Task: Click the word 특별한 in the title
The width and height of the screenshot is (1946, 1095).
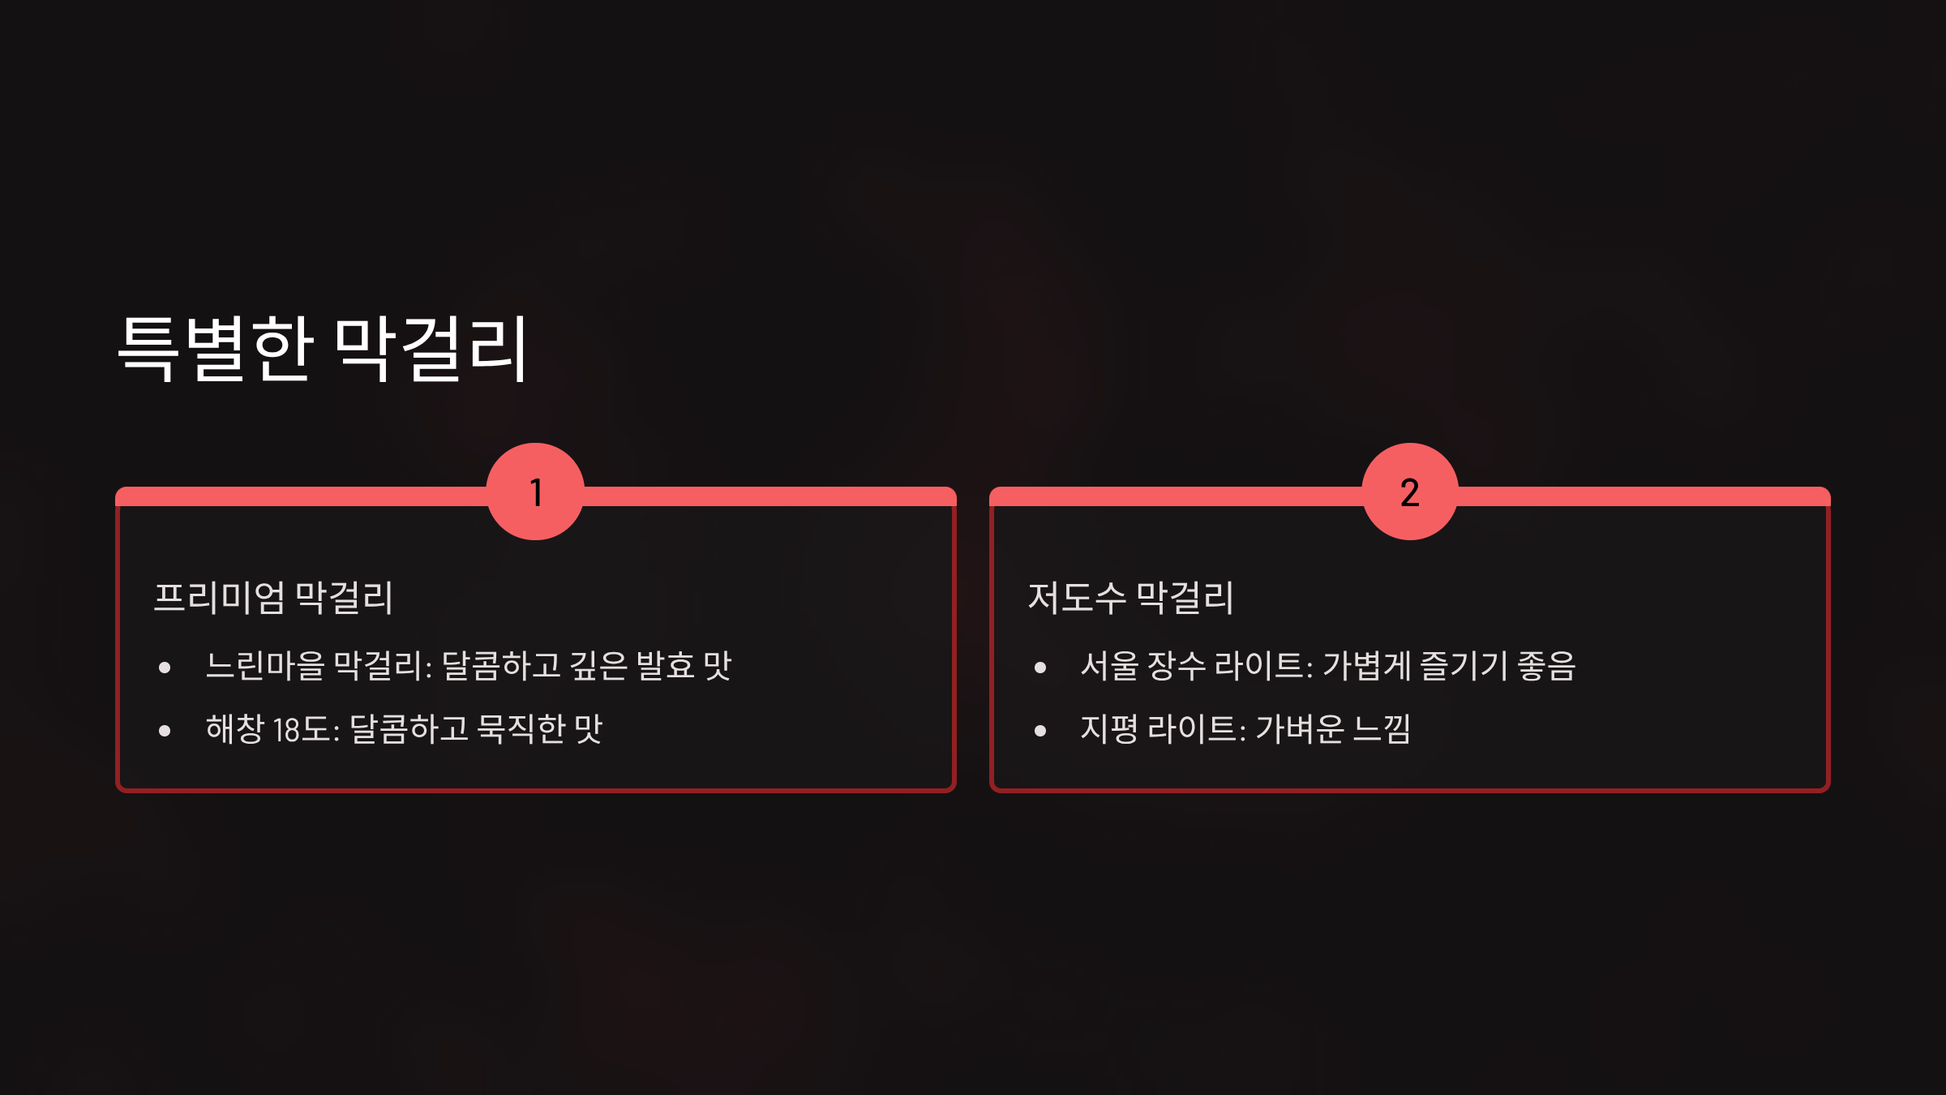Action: coord(216,348)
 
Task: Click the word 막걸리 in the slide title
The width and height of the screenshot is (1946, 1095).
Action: coord(431,348)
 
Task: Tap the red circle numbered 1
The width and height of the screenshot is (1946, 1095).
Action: coord(535,492)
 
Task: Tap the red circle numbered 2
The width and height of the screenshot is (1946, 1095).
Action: coord(1410,492)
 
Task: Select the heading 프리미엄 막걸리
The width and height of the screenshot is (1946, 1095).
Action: coord(273,598)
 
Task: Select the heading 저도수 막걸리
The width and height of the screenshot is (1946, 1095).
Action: coord(1130,598)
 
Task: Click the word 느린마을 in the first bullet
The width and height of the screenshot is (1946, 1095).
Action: coord(265,666)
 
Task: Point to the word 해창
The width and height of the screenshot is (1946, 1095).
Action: coord(234,728)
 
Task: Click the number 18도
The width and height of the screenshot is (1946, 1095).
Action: coord(302,729)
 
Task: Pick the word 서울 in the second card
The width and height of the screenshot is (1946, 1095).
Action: coord(1109,666)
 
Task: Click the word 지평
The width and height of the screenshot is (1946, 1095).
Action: coord(1108,728)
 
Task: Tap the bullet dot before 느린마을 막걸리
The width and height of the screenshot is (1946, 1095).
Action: coord(165,668)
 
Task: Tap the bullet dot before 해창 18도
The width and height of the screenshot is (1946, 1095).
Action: coord(165,731)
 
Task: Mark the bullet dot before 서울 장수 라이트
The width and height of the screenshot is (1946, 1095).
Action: coord(1040,668)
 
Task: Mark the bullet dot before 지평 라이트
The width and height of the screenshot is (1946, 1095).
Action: coord(1040,731)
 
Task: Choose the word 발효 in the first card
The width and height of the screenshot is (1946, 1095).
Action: coord(665,666)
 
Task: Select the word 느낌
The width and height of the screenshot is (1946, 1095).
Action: coord(1382,728)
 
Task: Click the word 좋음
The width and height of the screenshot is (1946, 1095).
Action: coord(1546,666)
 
